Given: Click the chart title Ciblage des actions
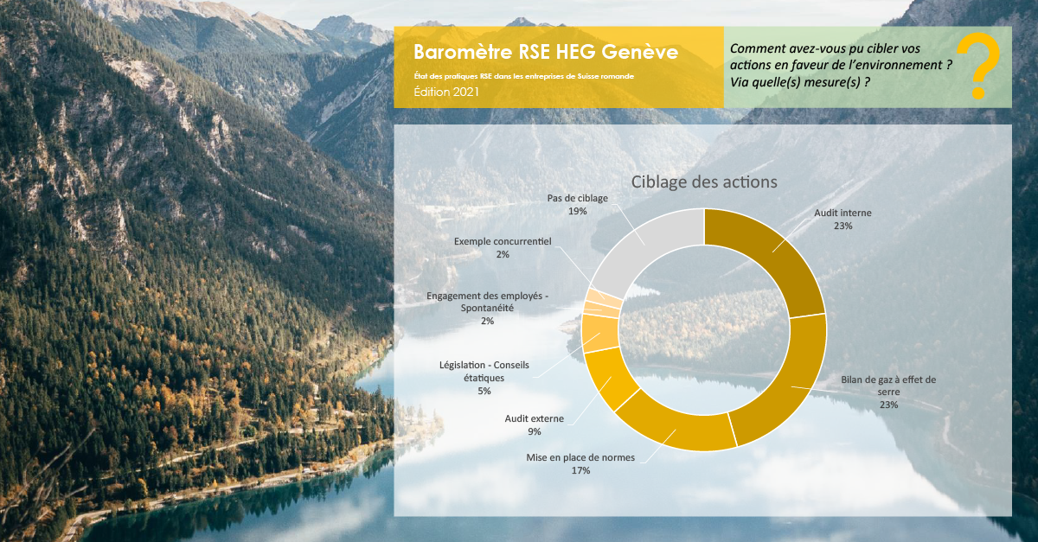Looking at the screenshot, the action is click(704, 182).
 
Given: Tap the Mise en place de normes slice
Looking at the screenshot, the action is click(674, 430).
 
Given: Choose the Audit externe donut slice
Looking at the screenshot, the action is click(609, 378).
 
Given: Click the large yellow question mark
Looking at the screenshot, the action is click(977, 66).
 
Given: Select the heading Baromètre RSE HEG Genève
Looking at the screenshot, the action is click(546, 52).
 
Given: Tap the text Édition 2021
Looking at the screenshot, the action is click(446, 92).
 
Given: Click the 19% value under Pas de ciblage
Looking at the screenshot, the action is click(578, 211).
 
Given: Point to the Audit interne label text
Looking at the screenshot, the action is click(843, 214).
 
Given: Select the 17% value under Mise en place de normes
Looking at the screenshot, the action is click(580, 470).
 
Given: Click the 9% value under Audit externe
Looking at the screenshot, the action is click(535, 431).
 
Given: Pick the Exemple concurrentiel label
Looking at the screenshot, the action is click(503, 241).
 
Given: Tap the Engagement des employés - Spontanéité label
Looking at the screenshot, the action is click(488, 302).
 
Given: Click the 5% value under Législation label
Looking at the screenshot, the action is click(484, 391).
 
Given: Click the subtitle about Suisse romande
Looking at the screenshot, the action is click(523, 76).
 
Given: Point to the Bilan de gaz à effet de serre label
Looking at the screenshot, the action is click(888, 386).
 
